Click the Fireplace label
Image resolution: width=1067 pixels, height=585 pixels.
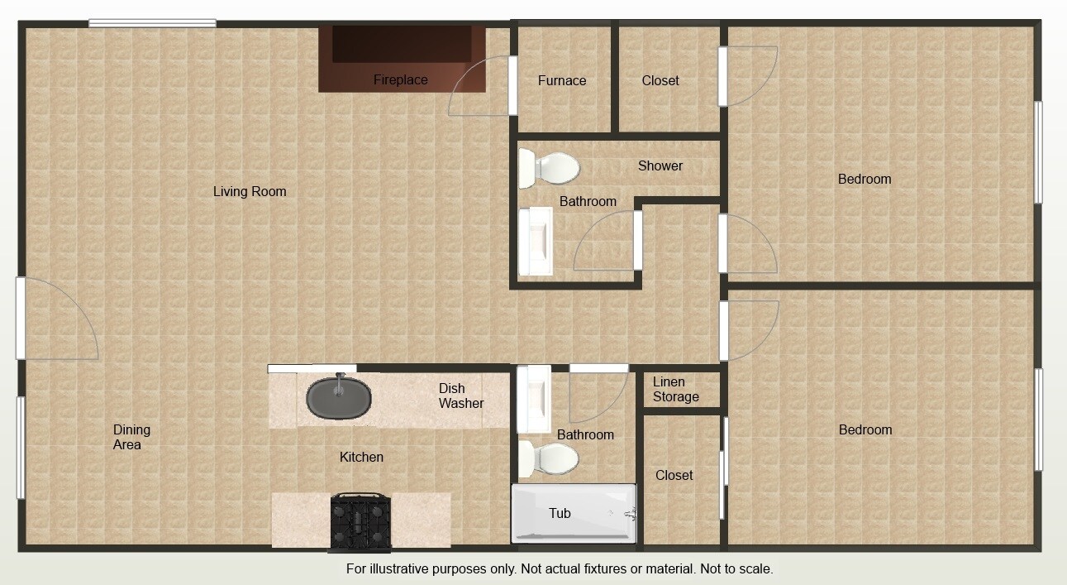point(400,80)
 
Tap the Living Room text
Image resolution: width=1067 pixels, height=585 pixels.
point(250,191)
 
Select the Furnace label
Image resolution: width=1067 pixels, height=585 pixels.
point(562,80)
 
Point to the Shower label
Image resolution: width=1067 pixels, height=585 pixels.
point(660,165)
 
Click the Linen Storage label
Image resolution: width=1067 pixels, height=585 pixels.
point(675,390)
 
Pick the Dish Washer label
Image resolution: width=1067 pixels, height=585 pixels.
point(461,396)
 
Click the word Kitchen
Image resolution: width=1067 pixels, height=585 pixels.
point(361,457)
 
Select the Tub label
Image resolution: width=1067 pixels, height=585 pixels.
point(560,513)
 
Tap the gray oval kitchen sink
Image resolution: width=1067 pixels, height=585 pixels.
point(339,398)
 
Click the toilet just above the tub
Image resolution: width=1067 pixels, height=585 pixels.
point(551,459)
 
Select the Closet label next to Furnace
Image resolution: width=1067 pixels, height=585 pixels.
point(660,80)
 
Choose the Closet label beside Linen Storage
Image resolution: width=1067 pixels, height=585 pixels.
point(674,475)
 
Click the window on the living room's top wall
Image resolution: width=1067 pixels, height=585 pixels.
point(153,23)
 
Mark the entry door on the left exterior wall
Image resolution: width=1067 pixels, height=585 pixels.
point(21,319)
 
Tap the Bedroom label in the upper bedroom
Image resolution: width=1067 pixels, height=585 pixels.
point(865,179)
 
